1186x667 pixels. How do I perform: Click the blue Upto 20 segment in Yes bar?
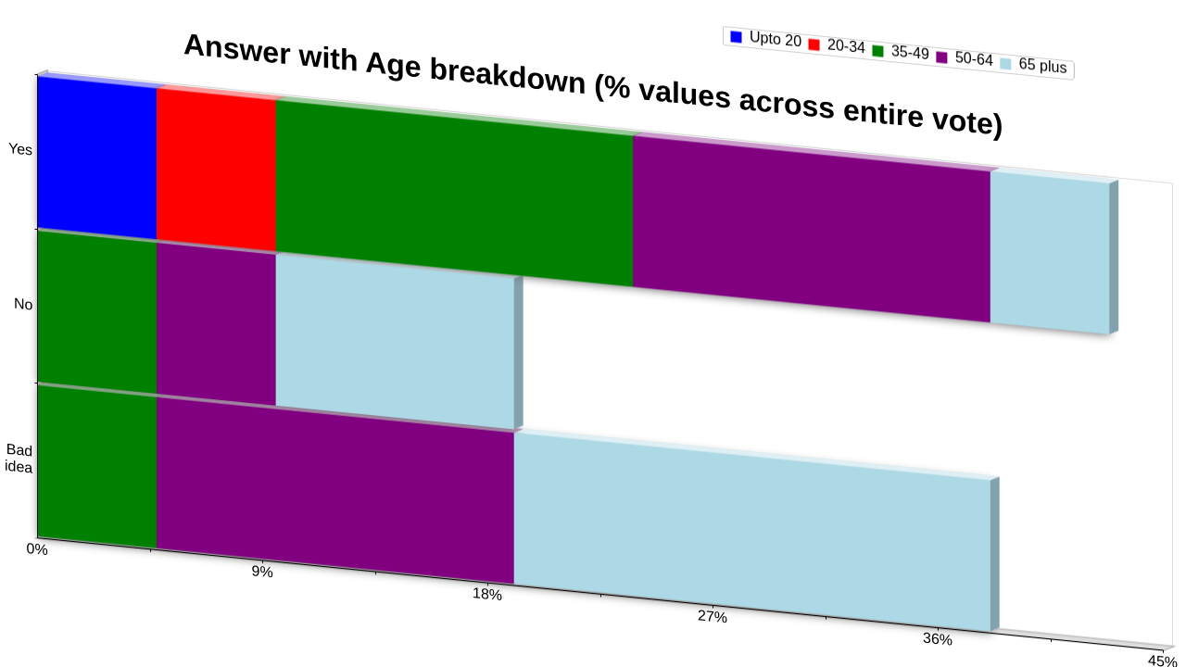pos(97,157)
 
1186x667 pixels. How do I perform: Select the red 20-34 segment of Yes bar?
pos(216,170)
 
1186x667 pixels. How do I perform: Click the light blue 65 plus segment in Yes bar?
pos(1050,253)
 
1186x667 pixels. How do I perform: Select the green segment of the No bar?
pos(97,312)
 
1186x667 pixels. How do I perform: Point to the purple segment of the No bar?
pos(216,324)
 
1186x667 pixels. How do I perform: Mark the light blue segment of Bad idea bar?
pos(752,532)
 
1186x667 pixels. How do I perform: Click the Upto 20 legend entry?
pos(765,38)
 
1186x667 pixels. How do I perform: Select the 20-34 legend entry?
pos(837,45)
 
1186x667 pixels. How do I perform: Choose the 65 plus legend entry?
pos(1033,65)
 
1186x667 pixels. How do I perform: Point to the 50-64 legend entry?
pos(965,57)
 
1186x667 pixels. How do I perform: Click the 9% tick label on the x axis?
pos(262,572)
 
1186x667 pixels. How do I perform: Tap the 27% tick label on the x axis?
pos(713,616)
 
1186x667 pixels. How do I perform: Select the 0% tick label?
pos(37,549)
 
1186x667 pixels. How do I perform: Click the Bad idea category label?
pos(19,459)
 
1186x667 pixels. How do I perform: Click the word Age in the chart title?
pos(392,66)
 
